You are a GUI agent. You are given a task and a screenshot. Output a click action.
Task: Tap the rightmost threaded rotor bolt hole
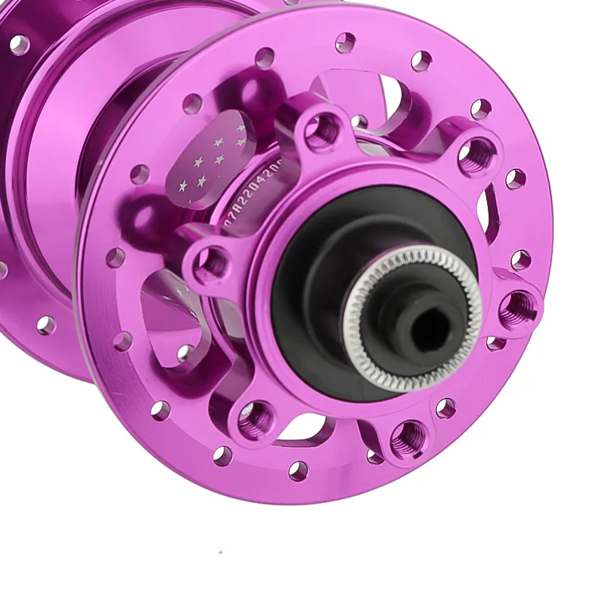coord(519,306)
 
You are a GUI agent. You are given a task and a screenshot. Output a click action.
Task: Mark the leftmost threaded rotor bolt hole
coord(211,263)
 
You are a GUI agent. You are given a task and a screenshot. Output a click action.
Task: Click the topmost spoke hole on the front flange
coord(345,42)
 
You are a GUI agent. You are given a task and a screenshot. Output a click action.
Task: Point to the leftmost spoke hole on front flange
coord(115,258)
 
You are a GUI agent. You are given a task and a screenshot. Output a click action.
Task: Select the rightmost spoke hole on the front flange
coord(520,260)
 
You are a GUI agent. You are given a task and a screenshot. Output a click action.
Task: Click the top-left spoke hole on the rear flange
coord(18,45)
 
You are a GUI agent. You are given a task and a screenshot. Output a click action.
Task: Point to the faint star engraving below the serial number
coord(181,291)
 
